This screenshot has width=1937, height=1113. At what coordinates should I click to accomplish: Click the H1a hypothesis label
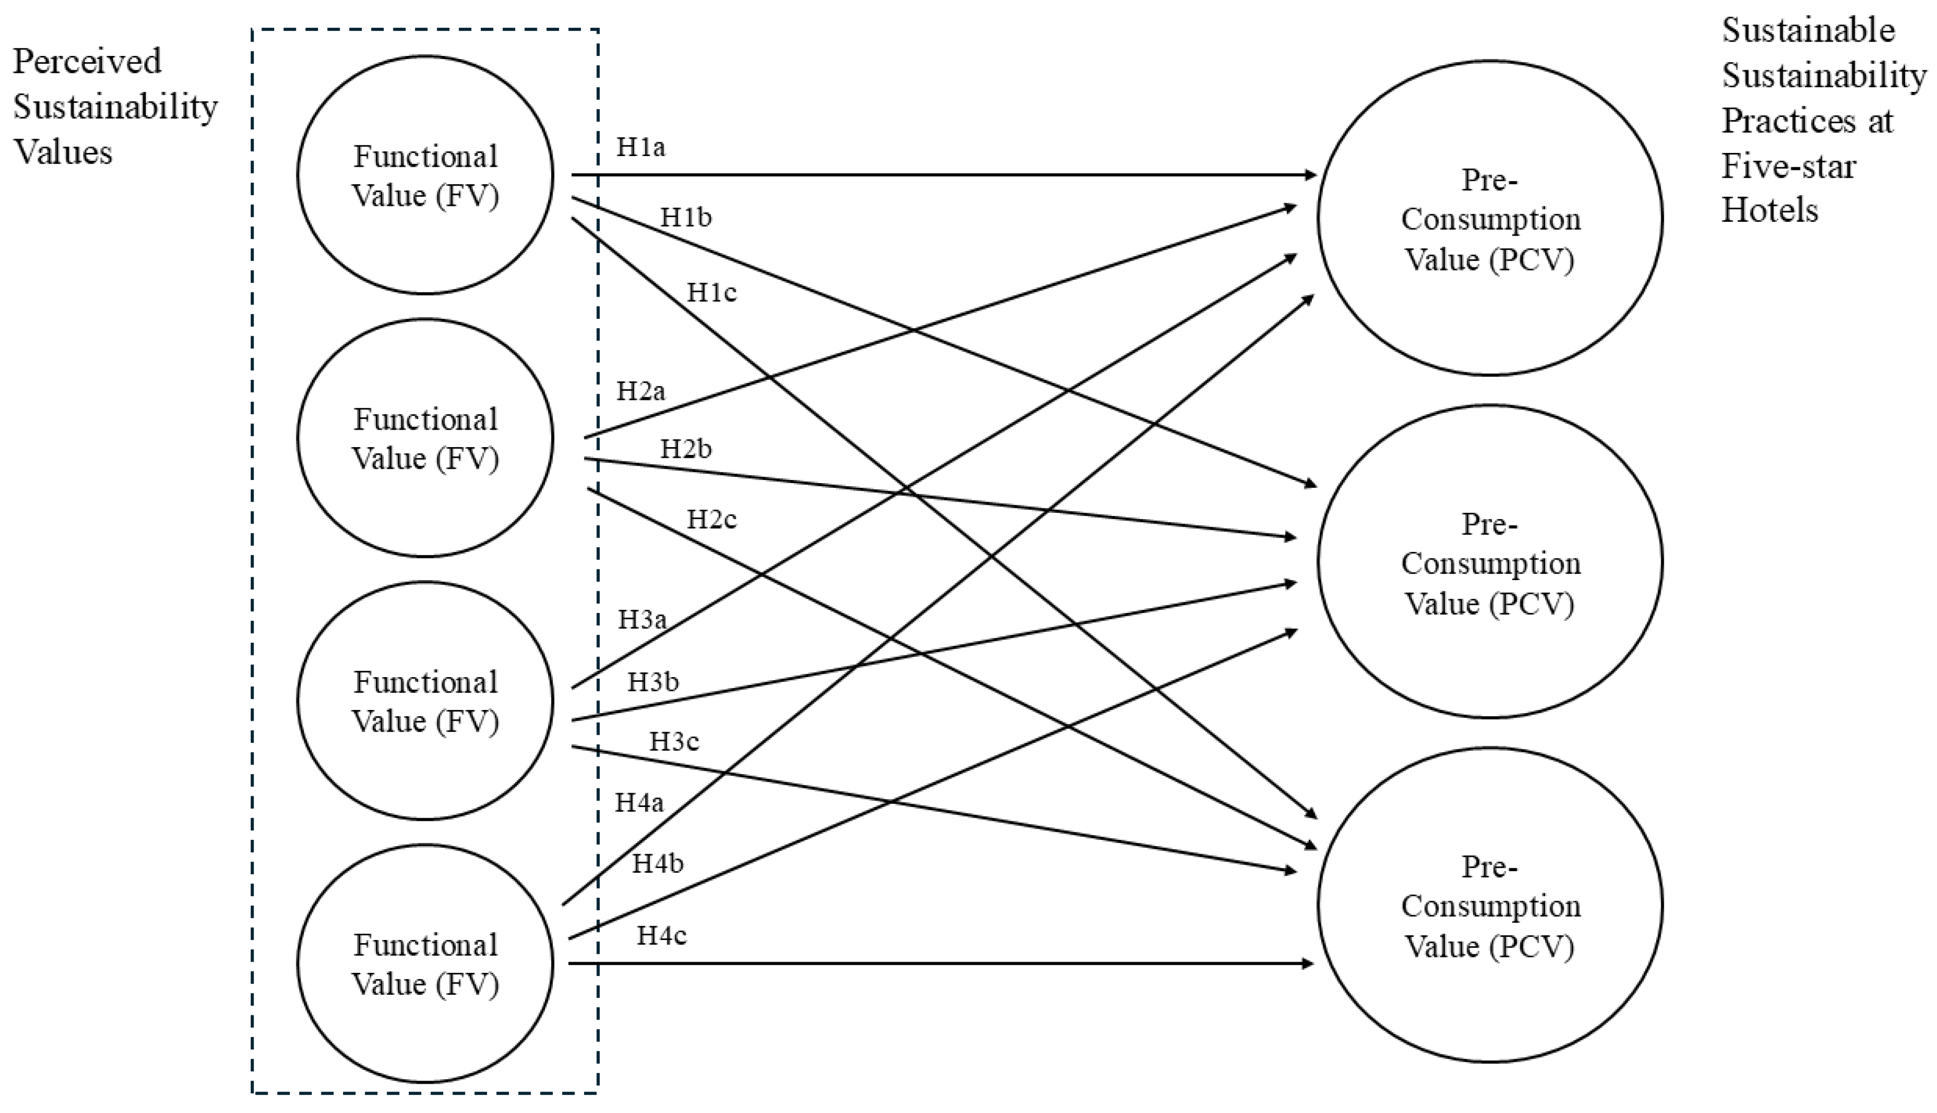pos(641,147)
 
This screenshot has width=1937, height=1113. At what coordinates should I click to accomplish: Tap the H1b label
pos(686,218)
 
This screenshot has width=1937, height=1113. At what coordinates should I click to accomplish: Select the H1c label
pos(711,292)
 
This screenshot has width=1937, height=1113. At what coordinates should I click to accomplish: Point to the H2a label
pos(641,391)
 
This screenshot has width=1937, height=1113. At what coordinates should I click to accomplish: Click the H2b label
pos(686,449)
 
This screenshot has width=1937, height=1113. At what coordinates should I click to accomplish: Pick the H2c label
pos(711,520)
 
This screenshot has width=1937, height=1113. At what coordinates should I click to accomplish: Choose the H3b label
pos(653,682)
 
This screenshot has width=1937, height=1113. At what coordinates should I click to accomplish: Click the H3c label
pos(674,741)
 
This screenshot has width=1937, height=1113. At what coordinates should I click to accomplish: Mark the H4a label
pos(640,802)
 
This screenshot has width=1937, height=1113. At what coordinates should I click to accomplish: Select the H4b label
pos(657,864)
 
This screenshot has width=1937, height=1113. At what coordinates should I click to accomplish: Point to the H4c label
pos(662,935)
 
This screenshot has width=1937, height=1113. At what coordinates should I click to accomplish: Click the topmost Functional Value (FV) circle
pos(425,175)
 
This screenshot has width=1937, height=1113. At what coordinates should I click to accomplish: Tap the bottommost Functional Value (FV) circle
pos(425,963)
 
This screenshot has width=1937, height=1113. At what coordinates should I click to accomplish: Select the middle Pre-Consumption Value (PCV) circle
pos(1490,562)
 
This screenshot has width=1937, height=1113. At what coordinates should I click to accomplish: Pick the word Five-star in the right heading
pos(1788,166)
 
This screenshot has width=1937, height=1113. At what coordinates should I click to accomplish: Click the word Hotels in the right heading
pos(1769,209)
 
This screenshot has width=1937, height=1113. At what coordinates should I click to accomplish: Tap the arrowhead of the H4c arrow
pos(1308,964)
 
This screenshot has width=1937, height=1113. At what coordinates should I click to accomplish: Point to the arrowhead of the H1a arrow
pos(1310,175)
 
